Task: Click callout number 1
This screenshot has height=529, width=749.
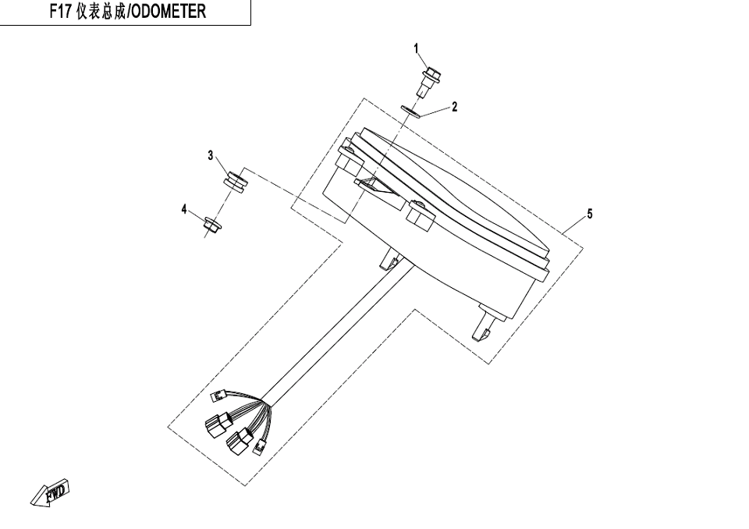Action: (416, 48)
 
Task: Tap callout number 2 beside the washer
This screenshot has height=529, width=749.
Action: (454, 107)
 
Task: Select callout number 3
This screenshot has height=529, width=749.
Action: (211, 156)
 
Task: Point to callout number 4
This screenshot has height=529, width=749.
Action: (184, 209)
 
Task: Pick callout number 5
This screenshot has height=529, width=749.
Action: (590, 214)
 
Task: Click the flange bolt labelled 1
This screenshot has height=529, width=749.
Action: (428, 83)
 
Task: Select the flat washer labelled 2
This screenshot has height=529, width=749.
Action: (411, 112)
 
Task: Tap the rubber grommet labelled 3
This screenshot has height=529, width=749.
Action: (235, 182)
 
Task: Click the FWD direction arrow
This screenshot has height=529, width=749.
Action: (51, 492)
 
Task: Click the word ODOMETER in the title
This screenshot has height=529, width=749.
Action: (169, 12)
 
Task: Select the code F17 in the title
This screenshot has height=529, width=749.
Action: (61, 12)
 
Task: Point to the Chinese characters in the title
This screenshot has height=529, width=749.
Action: (101, 12)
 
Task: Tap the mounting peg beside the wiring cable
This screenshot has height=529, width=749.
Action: (389, 260)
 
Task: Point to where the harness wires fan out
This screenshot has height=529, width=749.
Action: (264, 404)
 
